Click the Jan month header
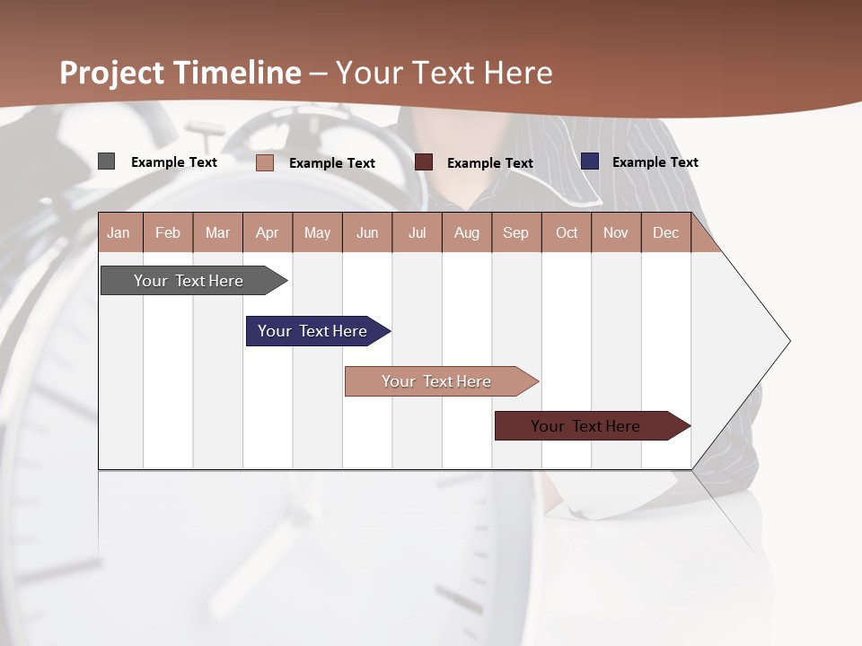[x=119, y=232]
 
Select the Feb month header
[x=168, y=232]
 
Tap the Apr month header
[x=268, y=232]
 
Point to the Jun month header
[x=367, y=232]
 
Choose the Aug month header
[x=467, y=232]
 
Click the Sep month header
[x=516, y=232]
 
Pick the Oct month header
[x=567, y=232]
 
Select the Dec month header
[x=666, y=232]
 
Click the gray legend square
[x=106, y=161]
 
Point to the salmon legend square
[x=264, y=162]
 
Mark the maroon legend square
[x=424, y=161]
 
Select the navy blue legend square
[x=590, y=161]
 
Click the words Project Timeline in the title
[x=180, y=73]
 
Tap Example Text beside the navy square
[x=655, y=162]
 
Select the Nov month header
[x=616, y=232]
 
